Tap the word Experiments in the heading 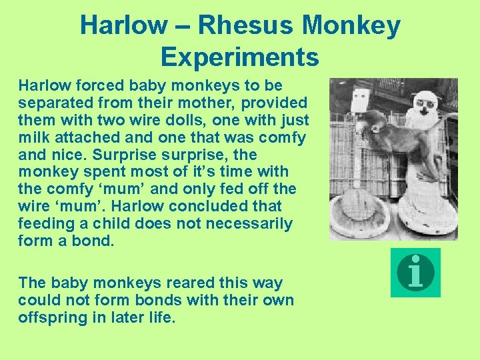[240, 57]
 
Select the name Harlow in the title [124, 26]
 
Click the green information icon [415, 272]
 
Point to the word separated [52, 103]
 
